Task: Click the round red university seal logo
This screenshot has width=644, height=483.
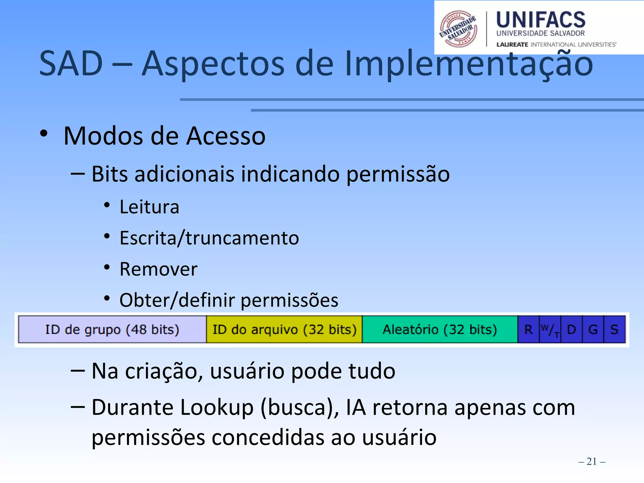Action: coord(458,29)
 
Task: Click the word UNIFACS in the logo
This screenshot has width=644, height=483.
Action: coord(541,19)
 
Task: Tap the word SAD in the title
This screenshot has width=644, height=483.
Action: coord(71,64)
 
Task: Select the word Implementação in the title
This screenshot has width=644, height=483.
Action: coord(469,64)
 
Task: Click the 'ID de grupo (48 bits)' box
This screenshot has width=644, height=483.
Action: coord(112,330)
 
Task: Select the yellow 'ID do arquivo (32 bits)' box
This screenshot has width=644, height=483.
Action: coord(284,330)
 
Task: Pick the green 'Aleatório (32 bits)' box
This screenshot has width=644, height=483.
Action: coord(440,330)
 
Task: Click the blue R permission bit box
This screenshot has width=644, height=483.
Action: coord(528,330)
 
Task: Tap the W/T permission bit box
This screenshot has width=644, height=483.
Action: coord(550,330)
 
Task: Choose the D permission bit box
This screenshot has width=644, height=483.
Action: coord(571,330)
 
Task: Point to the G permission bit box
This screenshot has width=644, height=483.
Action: coord(593,330)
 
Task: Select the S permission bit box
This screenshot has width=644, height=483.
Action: coord(614,330)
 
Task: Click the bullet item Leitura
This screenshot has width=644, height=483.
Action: coord(149,207)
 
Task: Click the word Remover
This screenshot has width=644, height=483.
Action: coord(158,269)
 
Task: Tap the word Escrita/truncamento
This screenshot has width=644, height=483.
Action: coord(209,238)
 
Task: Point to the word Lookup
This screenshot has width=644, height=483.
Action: coord(217,408)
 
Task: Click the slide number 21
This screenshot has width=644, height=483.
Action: coord(591,461)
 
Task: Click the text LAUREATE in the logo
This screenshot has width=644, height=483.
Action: coord(512,45)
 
